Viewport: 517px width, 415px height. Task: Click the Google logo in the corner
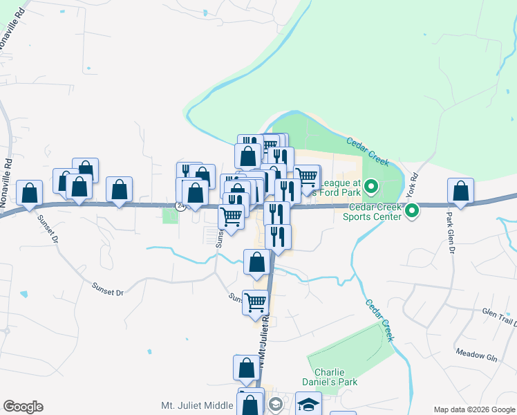[23, 407]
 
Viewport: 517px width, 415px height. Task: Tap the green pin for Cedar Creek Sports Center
[413, 210]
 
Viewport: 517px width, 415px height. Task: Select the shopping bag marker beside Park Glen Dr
[460, 191]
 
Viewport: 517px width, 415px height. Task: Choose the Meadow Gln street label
[477, 354]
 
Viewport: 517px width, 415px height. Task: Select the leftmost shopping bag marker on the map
[30, 194]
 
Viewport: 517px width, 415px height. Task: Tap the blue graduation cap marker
[308, 404]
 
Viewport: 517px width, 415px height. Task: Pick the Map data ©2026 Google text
[473, 409]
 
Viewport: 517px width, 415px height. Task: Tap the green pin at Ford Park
[371, 186]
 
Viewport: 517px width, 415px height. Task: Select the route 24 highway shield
[180, 205]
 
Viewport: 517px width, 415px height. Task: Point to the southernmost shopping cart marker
[255, 302]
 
